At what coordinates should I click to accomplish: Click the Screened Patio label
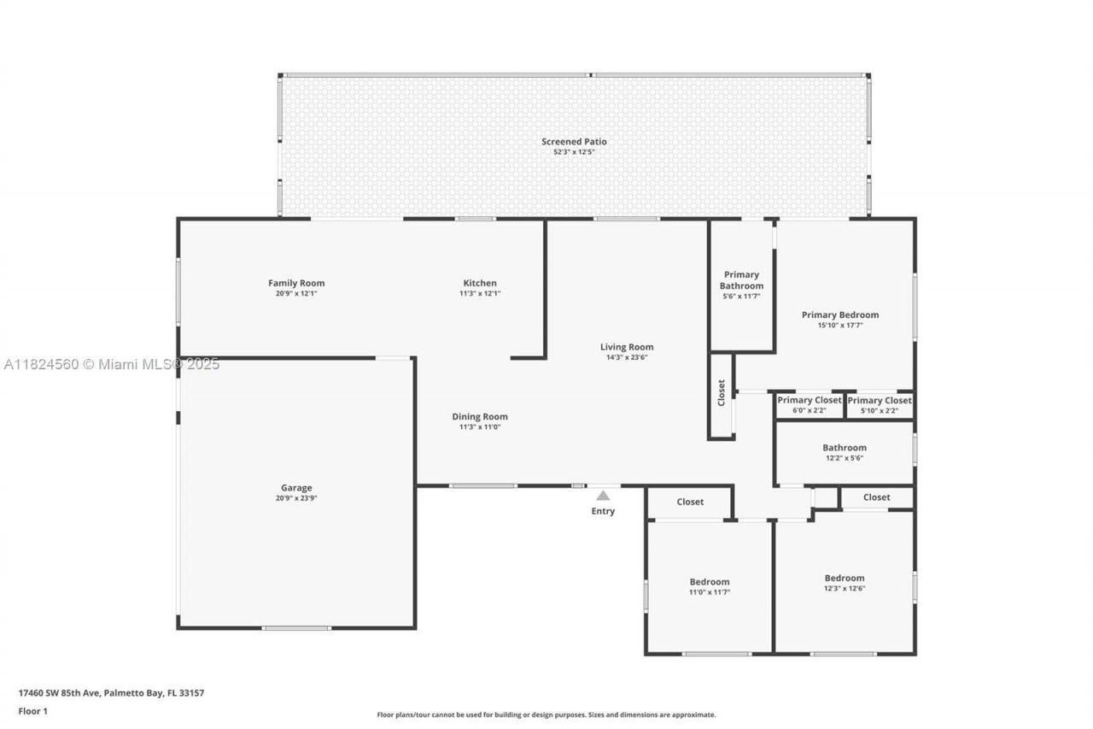pos(574,142)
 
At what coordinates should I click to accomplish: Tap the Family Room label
pos(296,283)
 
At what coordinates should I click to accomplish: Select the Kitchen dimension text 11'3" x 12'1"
pos(479,294)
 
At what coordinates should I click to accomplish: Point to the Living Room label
pos(627,347)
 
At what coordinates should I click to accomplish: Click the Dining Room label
pos(480,417)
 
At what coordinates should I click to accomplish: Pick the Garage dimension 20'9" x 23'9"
pos(296,498)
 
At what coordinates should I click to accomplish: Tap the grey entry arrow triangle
pos(603,496)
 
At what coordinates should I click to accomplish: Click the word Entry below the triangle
pos(603,511)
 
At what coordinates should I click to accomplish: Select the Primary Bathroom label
pos(741,280)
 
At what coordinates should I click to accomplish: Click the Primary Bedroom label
pos(839,315)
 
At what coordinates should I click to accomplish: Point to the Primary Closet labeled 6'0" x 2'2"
pos(809,400)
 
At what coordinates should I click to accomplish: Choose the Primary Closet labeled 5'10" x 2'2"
pos(880,400)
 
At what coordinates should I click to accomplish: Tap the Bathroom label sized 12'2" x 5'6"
pos(845,448)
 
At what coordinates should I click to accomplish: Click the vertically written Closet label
pos(722,392)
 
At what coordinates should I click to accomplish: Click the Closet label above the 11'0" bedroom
pos(690,502)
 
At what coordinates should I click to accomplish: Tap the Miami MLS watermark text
pos(111,364)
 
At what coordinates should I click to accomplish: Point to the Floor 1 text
pos(33,711)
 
